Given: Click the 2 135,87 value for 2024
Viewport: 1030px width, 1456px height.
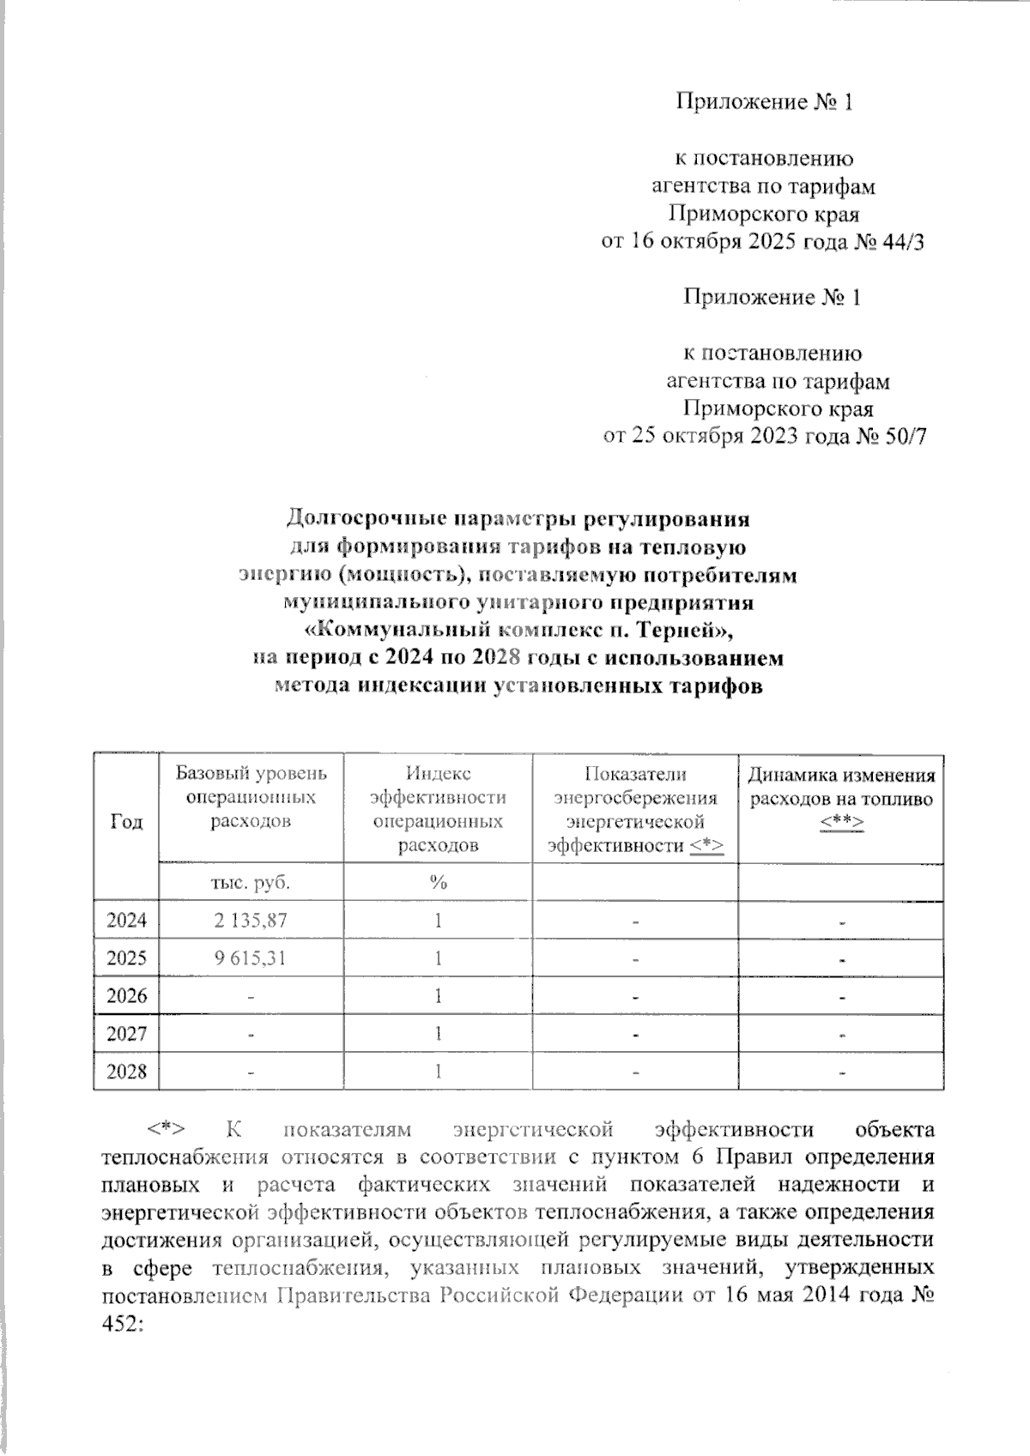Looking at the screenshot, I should pyautogui.click(x=251, y=921).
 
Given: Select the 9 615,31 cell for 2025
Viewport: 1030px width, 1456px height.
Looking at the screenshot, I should pyautogui.click(x=251, y=958).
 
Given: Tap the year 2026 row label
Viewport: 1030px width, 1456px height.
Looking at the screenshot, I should pyautogui.click(x=127, y=996).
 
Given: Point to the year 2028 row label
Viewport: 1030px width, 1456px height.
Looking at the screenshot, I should pyautogui.click(x=127, y=1072).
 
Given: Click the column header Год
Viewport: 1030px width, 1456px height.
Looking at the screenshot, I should pyautogui.click(x=127, y=821).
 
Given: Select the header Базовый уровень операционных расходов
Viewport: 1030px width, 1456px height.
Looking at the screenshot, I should pyautogui.click(x=251, y=797).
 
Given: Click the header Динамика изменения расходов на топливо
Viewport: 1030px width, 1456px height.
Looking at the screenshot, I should pyautogui.click(x=841, y=788).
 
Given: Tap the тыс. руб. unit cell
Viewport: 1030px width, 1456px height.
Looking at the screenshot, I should pyautogui.click(x=251, y=882).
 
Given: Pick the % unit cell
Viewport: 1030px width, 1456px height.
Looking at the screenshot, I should pyautogui.click(x=439, y=882).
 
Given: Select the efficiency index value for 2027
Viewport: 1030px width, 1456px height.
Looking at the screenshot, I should pyautogui.click(x=439, y=1034).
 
